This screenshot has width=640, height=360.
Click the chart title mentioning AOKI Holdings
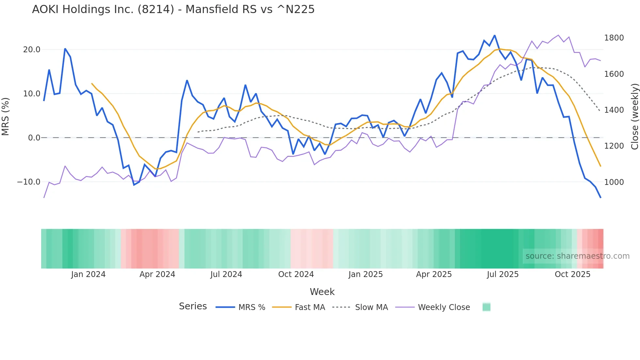point(173,9)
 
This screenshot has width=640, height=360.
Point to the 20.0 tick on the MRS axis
point(32,50)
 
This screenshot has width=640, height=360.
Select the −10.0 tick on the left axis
point(29,182)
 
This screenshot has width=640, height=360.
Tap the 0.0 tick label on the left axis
point(34,138)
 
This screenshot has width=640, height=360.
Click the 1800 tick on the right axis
point(614,38)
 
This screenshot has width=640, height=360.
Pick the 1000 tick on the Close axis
point(614,182)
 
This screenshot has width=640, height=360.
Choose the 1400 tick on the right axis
point(614,110)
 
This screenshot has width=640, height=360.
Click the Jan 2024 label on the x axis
point(88,274)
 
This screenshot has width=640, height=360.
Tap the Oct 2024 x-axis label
point(296,274)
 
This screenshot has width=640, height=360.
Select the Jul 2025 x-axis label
point(503,274)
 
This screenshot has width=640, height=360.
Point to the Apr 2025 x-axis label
point(434,274)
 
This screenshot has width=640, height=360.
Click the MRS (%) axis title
point(6,116)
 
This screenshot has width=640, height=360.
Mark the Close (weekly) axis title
point(634,117)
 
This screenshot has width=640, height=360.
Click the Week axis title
point(322,292)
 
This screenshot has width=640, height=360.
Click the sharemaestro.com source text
point(577,256)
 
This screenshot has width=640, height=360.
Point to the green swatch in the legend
point(486,307)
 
